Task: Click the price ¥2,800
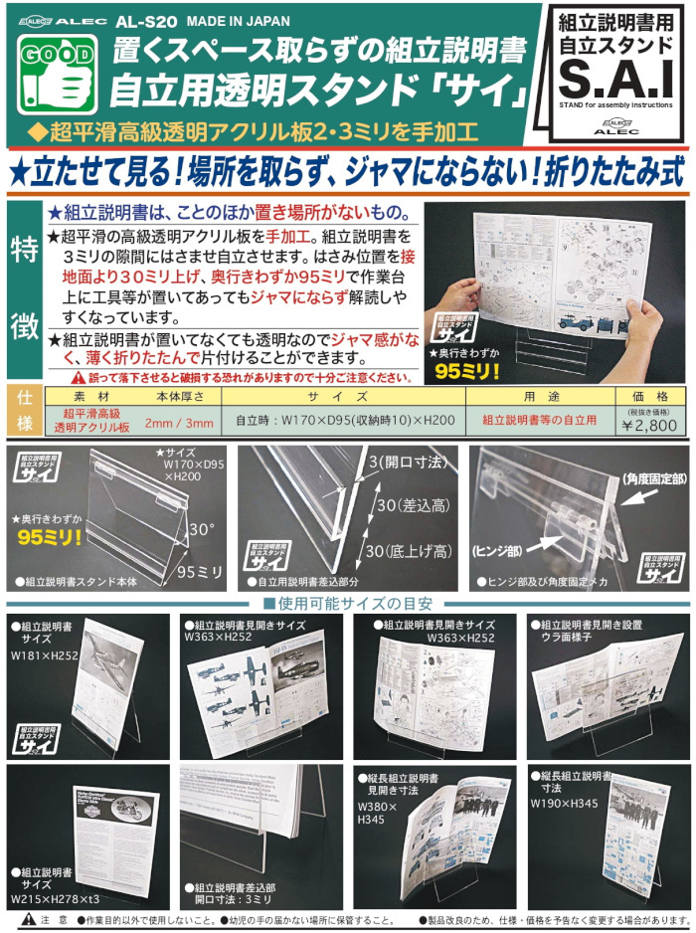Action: tap(649, 425)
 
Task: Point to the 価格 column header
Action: tap(649, 394)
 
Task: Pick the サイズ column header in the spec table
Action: tap(338, 395)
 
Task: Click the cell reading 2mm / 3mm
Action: tap(179, 423)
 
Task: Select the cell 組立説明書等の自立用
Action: tap(540, 421)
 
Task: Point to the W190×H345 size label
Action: tap(564, 803)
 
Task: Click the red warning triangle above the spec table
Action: tap(78, 378)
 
